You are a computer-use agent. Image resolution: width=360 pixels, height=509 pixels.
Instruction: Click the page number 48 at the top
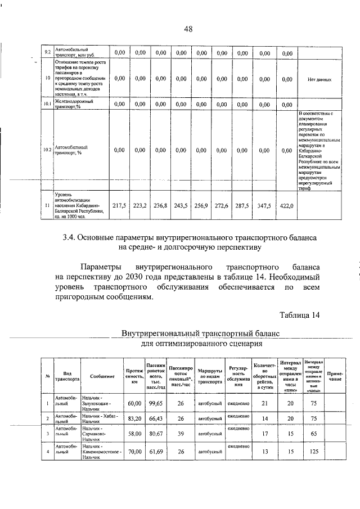[188, 29]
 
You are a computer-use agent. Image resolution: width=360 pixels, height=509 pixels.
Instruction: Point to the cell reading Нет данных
[319, 79]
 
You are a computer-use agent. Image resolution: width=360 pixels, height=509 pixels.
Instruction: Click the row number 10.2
[47, 150]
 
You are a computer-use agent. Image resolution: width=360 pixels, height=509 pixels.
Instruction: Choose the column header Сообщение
[101, 376]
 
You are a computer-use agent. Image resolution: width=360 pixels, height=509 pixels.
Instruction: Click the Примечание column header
[336, 376]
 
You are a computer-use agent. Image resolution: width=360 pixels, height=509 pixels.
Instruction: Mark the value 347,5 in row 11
[263, 206]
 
